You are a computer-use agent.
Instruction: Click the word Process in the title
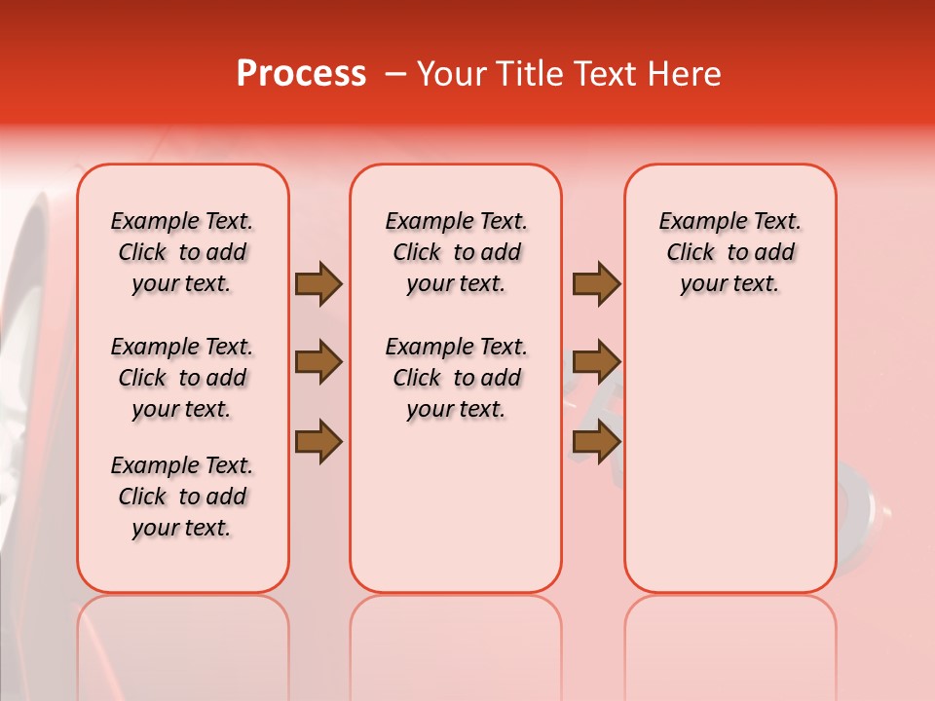(301, 74)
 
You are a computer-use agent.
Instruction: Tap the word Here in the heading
(684, 74)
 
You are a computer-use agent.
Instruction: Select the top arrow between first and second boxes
(318, 284)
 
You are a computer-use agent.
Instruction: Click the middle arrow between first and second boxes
(318, 363)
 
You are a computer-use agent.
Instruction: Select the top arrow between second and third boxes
(596, 284)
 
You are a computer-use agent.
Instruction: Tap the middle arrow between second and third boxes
(596, 363)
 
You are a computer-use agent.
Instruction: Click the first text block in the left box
(182, 252)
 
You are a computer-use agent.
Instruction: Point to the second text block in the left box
(182, 378)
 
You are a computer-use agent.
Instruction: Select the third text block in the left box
(182, 497)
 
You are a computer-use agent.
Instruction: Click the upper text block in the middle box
(456, 252)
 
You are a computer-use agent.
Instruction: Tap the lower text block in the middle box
(456, 378)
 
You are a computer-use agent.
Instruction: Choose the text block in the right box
(730, 252)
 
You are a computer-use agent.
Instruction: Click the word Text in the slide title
(607, 74)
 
